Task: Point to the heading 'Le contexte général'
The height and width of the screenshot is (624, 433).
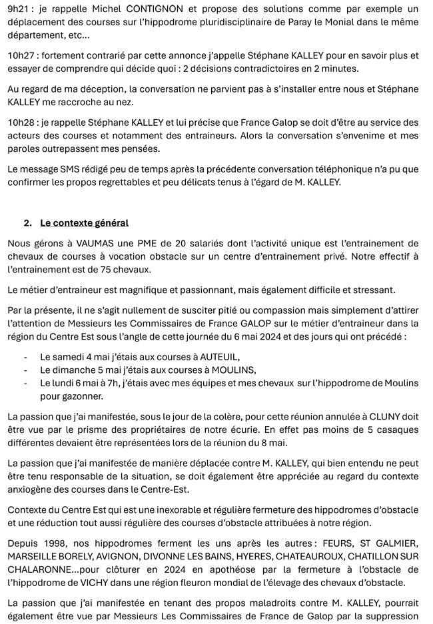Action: [x=84, y=222]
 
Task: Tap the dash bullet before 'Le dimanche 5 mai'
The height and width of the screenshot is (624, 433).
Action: [x=25, y=370]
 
